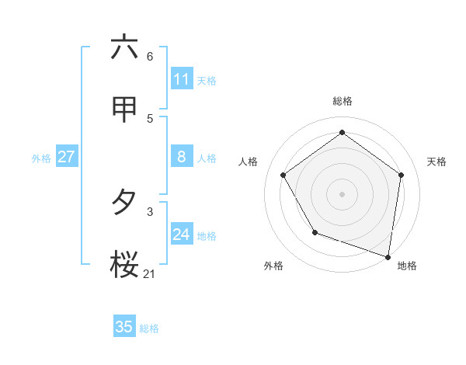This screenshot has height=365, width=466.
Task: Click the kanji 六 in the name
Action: coord(124,47)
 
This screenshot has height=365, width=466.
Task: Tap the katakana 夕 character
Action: coord(124,203)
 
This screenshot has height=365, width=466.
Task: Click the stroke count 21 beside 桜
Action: coord(150,273)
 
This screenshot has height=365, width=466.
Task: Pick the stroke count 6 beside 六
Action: coord(150,56)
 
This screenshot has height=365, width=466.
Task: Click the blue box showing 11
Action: coord(182,79)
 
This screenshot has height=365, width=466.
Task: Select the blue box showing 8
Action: coord(182,157)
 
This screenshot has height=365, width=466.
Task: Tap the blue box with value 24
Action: coord(182,235)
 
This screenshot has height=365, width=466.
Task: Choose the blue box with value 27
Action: coord(67,157)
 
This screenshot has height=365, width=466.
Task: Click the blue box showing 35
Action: coord(124,327)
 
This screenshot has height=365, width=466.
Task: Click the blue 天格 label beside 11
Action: coord(207,81)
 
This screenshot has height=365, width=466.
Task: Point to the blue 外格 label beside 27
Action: coord(41,158)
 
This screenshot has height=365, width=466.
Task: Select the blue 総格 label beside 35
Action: coord(149,328)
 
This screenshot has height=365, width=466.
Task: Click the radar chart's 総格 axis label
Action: coord(343,101)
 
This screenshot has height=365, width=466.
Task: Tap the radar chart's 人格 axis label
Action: coord(249,162)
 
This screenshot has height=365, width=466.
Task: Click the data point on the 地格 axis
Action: coord(388,256)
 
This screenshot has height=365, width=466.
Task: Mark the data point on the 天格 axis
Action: coord(401,175)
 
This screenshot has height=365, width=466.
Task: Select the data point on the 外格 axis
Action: coord(315,232)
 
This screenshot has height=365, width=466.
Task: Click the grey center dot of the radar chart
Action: coord(343,193)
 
